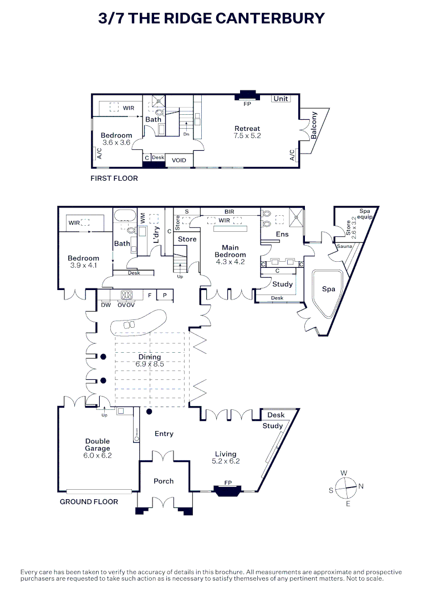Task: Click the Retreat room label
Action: (247, 129)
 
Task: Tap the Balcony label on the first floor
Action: (314, 125)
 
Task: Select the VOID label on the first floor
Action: (179, 160)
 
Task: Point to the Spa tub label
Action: (328, 289)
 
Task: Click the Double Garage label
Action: (98, 445)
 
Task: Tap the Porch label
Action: (164, 481)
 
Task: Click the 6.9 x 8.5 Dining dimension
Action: (149, 364)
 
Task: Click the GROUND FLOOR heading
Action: (89, 501)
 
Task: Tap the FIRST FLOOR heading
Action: (114, 179)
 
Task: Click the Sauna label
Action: (345, 246)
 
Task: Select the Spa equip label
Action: (364, 214)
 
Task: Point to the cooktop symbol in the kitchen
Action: (127, 295)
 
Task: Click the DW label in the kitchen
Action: (106, 305)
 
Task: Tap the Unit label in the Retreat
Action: (281, 99)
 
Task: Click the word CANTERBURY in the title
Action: (269, 18)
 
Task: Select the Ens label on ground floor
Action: (282, 235)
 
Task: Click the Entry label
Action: (164, 434)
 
